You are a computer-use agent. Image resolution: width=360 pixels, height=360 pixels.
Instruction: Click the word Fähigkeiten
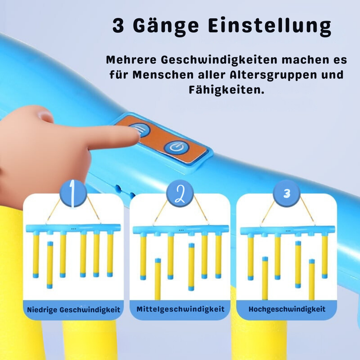point(226,90)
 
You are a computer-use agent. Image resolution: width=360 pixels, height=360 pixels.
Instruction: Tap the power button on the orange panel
point(174,148)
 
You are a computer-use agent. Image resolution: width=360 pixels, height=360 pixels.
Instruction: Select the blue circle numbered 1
point(73,193)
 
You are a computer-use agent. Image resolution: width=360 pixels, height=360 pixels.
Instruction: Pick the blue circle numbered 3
point(287,193)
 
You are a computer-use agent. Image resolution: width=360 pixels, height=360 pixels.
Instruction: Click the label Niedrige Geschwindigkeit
point(73,310)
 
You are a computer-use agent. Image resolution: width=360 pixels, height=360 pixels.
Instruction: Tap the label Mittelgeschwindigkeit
point(180,309)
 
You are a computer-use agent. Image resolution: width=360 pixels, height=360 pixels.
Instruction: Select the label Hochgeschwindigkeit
point(287,309)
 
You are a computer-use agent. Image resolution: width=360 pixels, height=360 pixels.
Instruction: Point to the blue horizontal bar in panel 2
point(180,229)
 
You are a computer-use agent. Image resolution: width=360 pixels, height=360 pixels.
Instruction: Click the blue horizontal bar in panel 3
point(287,230)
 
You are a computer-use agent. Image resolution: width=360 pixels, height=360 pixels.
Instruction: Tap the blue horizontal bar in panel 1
point(73,228)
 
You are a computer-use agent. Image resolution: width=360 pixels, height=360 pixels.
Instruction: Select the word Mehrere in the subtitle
point(131,60)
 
